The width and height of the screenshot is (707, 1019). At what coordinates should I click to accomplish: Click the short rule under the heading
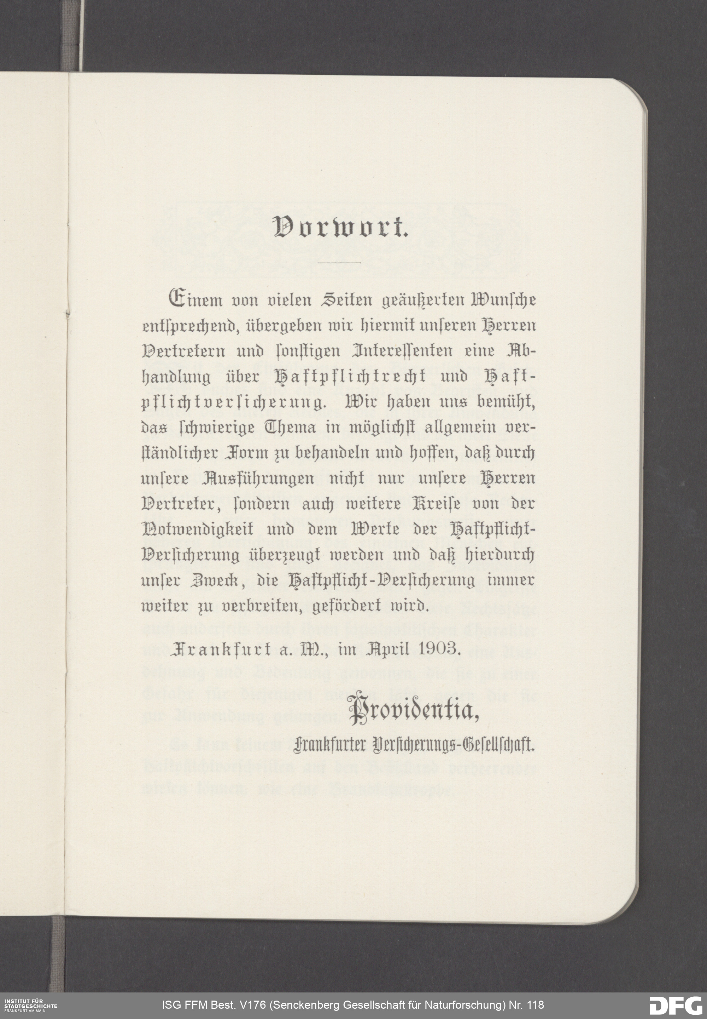point(340,263)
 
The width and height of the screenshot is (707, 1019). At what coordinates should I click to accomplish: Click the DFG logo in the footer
point(675,1005)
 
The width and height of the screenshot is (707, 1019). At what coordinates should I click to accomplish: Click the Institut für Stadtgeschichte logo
point(30,1005)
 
